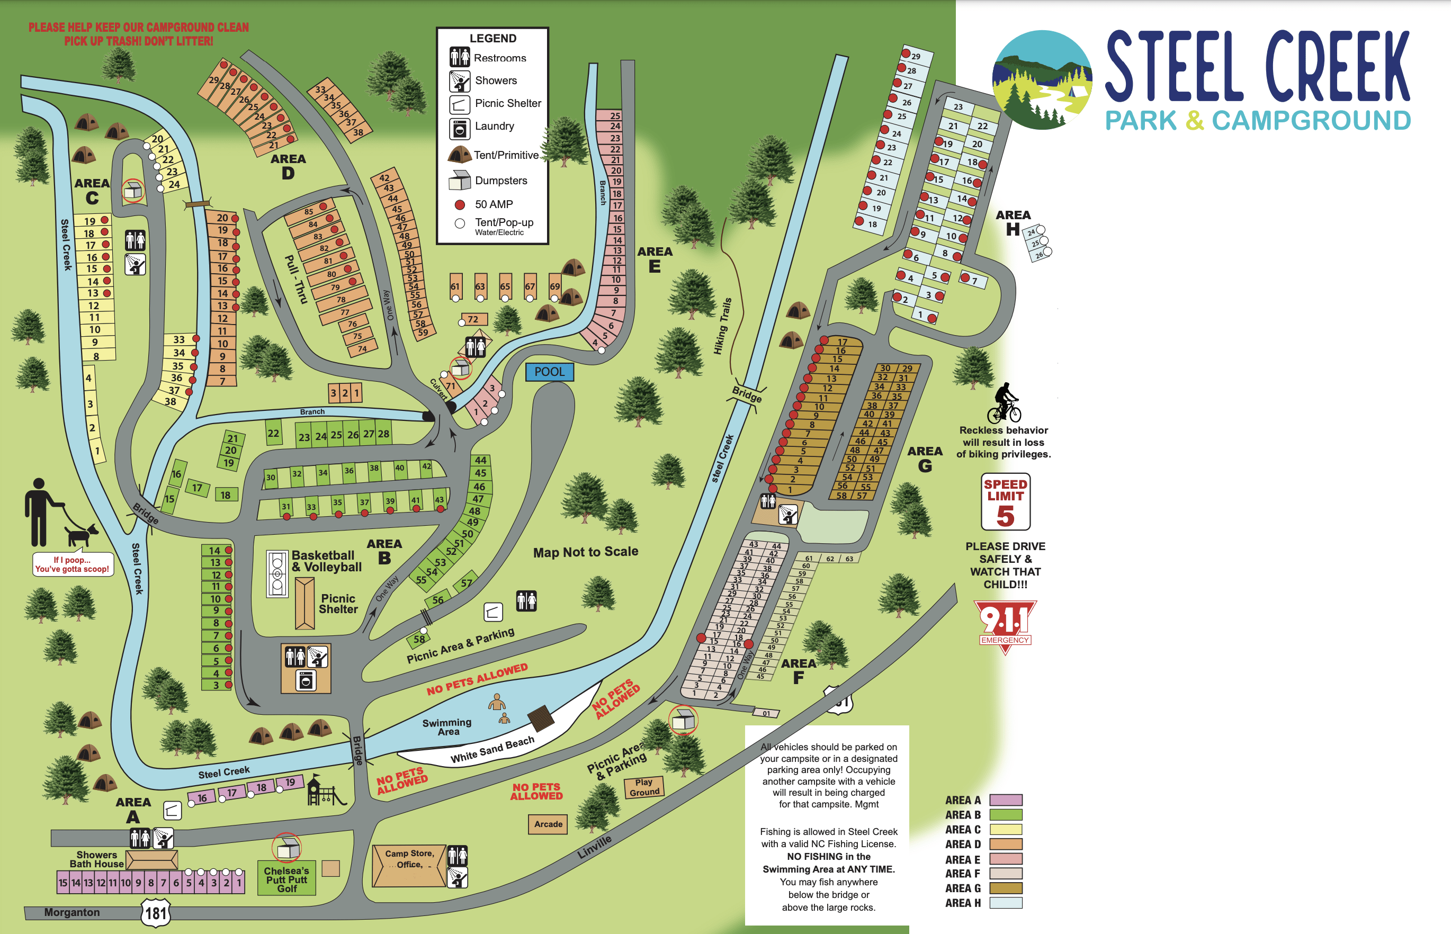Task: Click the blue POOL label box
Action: tap(549, 372)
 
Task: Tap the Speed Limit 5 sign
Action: tap(1005, 501)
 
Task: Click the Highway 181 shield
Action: tap(156, 913)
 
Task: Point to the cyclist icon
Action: tap(1004, 403)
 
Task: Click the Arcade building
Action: tap(548, 824)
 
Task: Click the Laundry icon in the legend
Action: tap(459, 129)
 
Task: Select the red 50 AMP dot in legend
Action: tap(460, 205)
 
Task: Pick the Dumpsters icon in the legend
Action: tap(459, 179)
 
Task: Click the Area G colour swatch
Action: tap(1005, 888)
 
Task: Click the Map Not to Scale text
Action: tap(585, 552)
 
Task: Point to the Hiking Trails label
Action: tap(722, 326)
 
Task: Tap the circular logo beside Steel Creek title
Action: tap(1042, 79)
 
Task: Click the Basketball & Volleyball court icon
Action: tap(277, 574)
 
